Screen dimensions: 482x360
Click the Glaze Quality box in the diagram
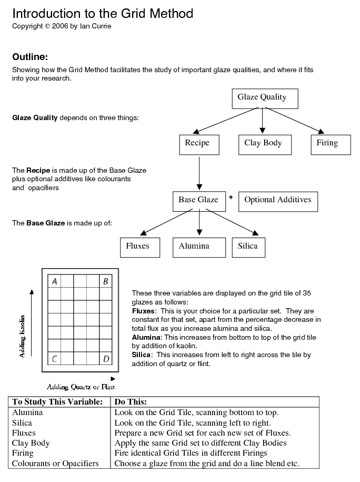(x=265, y=98)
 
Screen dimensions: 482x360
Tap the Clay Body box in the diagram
(x=264, y=144)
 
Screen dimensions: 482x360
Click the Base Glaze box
(x=198, y=201)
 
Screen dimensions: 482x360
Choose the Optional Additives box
(x=278, y=201)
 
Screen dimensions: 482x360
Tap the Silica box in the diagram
(x=248, y=247)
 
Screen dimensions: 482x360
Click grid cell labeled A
(x=54, y=281)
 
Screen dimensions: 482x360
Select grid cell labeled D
(x=106, y=359)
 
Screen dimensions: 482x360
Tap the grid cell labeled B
(x=106, y=281)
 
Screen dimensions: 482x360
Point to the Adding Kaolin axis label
(x=23, y=336)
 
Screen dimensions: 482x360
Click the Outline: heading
(x=30, y=57)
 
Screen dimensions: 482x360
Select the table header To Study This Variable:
(x=57, y=402)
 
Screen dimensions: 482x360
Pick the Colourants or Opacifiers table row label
(x=55, y=464)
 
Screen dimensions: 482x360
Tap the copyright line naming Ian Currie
(x=62, y=26)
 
